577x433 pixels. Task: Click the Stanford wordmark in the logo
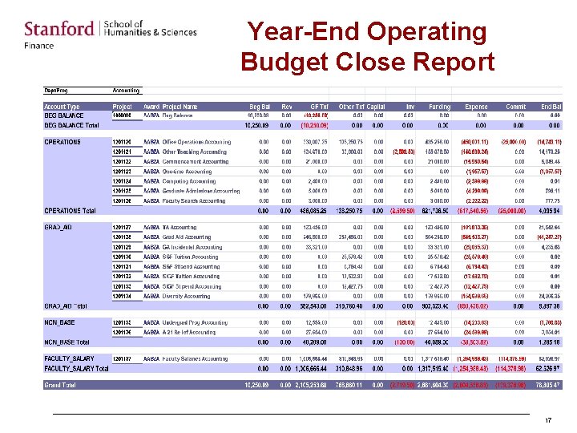tap(59, 30)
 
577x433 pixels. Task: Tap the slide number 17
tap(548, 421)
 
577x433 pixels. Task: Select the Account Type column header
tap(62, 107)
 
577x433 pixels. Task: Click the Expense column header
tap(476, 107)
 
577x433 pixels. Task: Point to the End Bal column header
tap(551, 107)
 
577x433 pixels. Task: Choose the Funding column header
tap(439, 107)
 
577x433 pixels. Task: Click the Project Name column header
tap(180, 107)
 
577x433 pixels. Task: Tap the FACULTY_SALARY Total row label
tap(76, 368)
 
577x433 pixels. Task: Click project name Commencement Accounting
tap(196, 161)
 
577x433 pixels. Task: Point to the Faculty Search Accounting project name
tap(194, 201)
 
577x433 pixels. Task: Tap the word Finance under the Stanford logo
tap(39, 46)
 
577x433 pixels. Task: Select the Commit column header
tap(515, 107)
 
